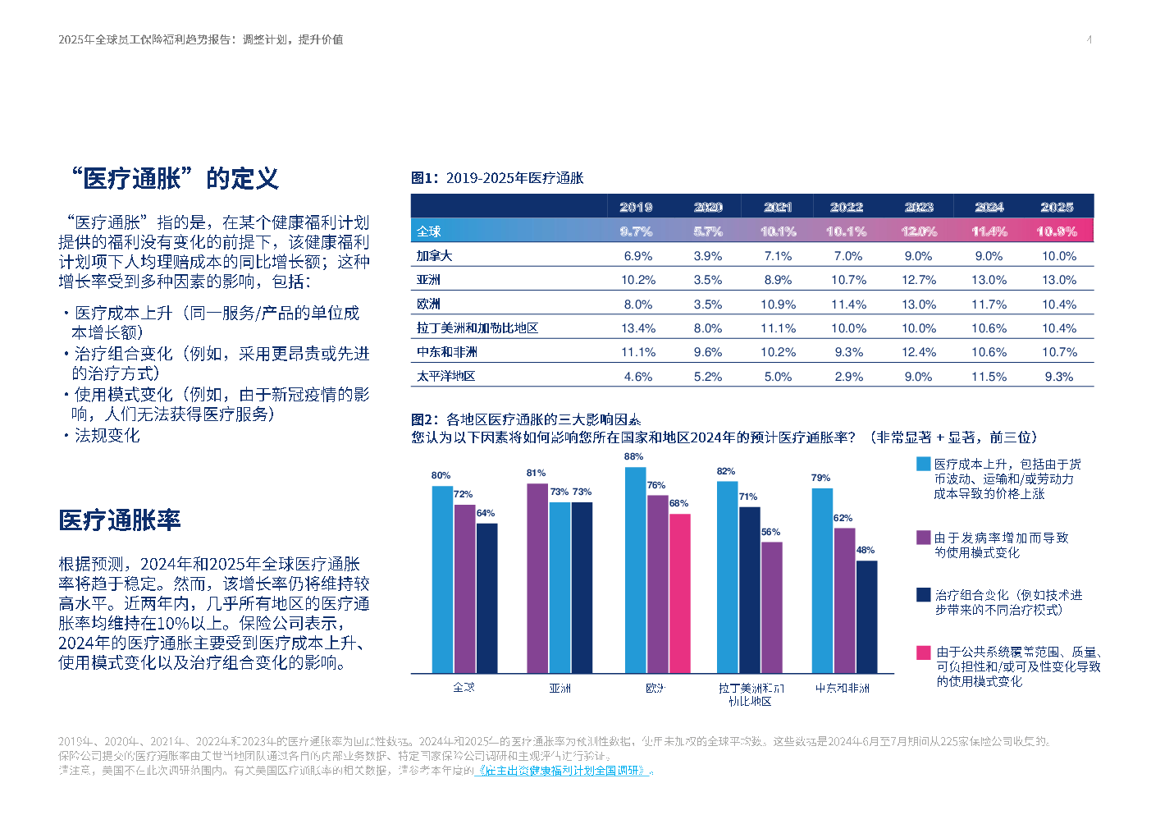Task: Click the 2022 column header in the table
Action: [847, 207]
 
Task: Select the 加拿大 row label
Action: [434, 256]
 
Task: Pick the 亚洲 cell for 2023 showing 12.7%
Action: [919, 280]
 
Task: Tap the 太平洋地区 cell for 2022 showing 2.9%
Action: [848, 377]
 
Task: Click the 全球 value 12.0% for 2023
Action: [919, 231]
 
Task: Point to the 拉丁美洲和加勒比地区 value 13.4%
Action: [638, 328]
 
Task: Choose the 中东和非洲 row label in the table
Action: [446, 352]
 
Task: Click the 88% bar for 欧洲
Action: [635, 570]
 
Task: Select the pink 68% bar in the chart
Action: [679, 593]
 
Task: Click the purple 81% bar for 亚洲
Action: [537, 578]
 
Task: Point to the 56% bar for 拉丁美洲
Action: [771, 607]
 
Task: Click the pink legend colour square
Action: [924, 652]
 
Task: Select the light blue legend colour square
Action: [924, 465]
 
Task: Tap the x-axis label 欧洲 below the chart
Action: [655, 688]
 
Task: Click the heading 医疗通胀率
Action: [120, 520]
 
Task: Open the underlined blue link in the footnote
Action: [565, 771]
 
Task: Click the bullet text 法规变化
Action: [107, 436]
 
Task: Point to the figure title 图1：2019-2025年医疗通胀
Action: [497, 178]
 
